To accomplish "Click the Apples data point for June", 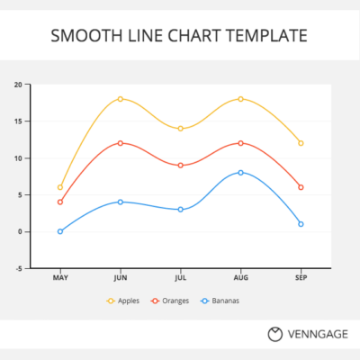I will click(x=121, y=99).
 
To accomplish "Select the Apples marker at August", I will click(x=240, y=99).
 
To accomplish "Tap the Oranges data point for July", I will click(x=181, y=166).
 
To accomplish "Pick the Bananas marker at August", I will click(x=240, y=172).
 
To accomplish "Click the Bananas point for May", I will click(x=60, y=231).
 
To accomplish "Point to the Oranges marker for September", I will click(x=301, y=187).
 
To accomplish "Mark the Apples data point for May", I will click(x=60, y=187).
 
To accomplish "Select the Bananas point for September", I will click(x=301, y=224).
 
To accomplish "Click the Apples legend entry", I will click(x=122, y=301).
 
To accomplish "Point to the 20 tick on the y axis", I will click(x=17, y=85).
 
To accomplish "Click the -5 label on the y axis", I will click(x=18, y=268).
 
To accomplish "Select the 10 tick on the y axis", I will click(x=17, y=158).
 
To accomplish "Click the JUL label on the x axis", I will click(x=181, y=278).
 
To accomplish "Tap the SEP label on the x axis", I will click(x=301, y=278).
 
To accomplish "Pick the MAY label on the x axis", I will click(x=60, y=278).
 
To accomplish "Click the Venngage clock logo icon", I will click(x=275, y=334).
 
